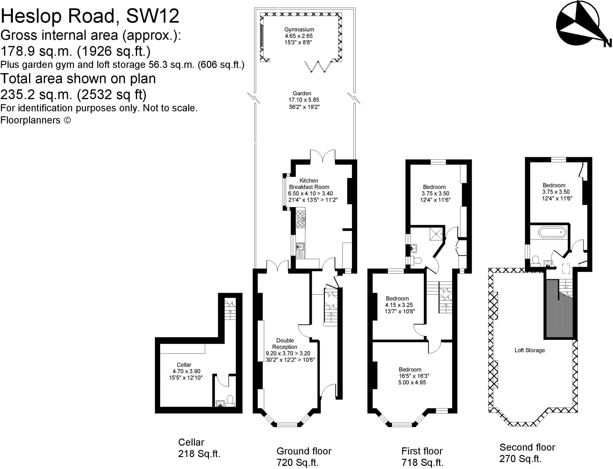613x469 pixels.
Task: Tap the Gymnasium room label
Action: pyautogui.click(x=299, y=29)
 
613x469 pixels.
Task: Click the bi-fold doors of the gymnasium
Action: pyautogui.click(x=318, y=67)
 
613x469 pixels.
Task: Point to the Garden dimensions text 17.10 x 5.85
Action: pyautogui.click(x=304, y=100)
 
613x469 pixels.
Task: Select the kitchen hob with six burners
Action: pyautogui.click(x=300, y=219)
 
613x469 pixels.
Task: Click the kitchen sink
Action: pyautogui.click(x=300, y=247)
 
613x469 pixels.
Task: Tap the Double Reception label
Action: pyautogui.click(x=285, y=343)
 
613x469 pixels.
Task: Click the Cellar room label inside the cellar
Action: pyautogui.click(x=184, y=365)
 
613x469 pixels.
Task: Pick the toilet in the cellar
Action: pyautogui.click(x=230, y=400)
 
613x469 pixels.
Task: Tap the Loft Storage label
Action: pyautogui.click(x=529, y=350)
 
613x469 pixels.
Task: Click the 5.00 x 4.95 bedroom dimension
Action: pyautogui.click(x=412, y=382)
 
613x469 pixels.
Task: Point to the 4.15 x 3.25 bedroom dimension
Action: pyautogui.click(x=399, y=305)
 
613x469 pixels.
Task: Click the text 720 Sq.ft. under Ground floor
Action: pyautogui.click(x=298, y=462)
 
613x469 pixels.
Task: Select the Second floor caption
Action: pyautogui.click(x=527, y=447)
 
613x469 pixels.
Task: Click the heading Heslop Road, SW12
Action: pyautogui.click(x=90, y=16)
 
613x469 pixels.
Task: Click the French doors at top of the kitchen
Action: pyautogui.click(x=322, y=156)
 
